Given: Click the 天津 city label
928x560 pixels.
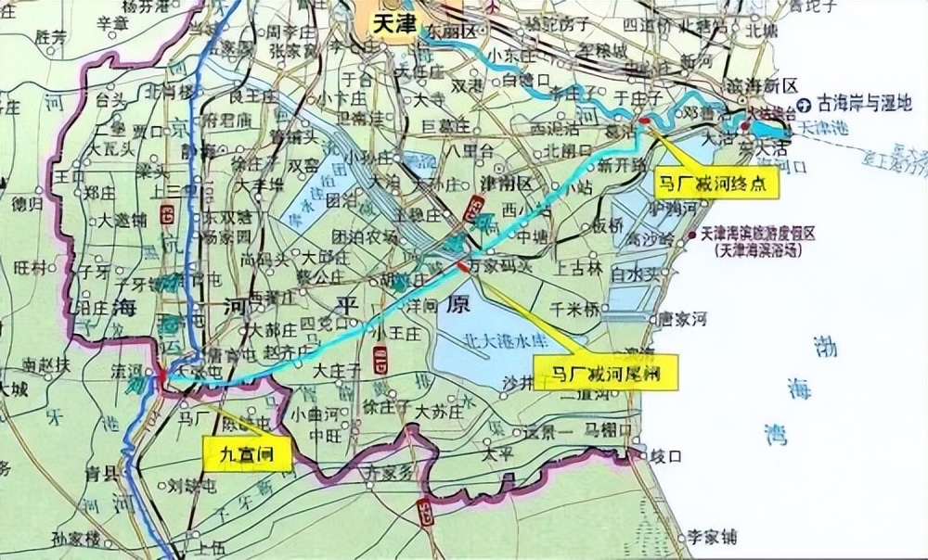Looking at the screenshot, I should pos(393,25).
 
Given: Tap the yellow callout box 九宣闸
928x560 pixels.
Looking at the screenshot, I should pos(246,453).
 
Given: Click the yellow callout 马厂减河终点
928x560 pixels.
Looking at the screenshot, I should pos(715,184).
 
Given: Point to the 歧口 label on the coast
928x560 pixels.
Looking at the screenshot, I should pos(666,455).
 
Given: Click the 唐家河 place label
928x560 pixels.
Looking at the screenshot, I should pos(683,318).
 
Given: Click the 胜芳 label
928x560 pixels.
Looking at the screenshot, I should pos(51,37).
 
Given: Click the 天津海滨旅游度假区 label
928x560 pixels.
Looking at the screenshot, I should pos(758,235).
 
